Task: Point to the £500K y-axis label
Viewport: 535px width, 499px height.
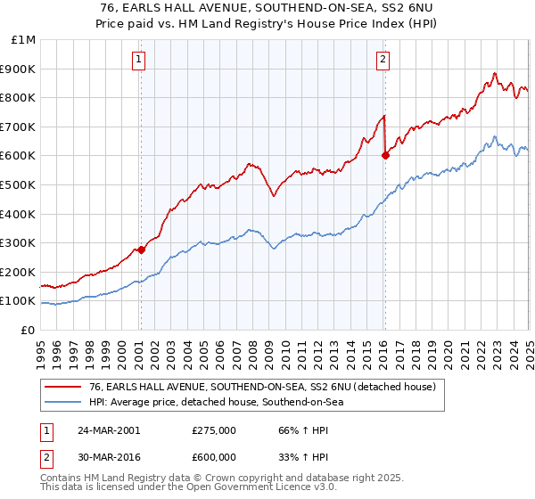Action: pos(20,184)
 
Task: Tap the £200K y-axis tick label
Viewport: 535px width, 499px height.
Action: pos(20,272)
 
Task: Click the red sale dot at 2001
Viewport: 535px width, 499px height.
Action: pos(142,250)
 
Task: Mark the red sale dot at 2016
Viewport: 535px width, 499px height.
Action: pos(385,155)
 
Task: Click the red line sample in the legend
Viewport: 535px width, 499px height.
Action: pos(62,387)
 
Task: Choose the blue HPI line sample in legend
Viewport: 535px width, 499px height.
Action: pos(62,402)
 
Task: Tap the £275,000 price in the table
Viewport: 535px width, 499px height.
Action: pos(213,429)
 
